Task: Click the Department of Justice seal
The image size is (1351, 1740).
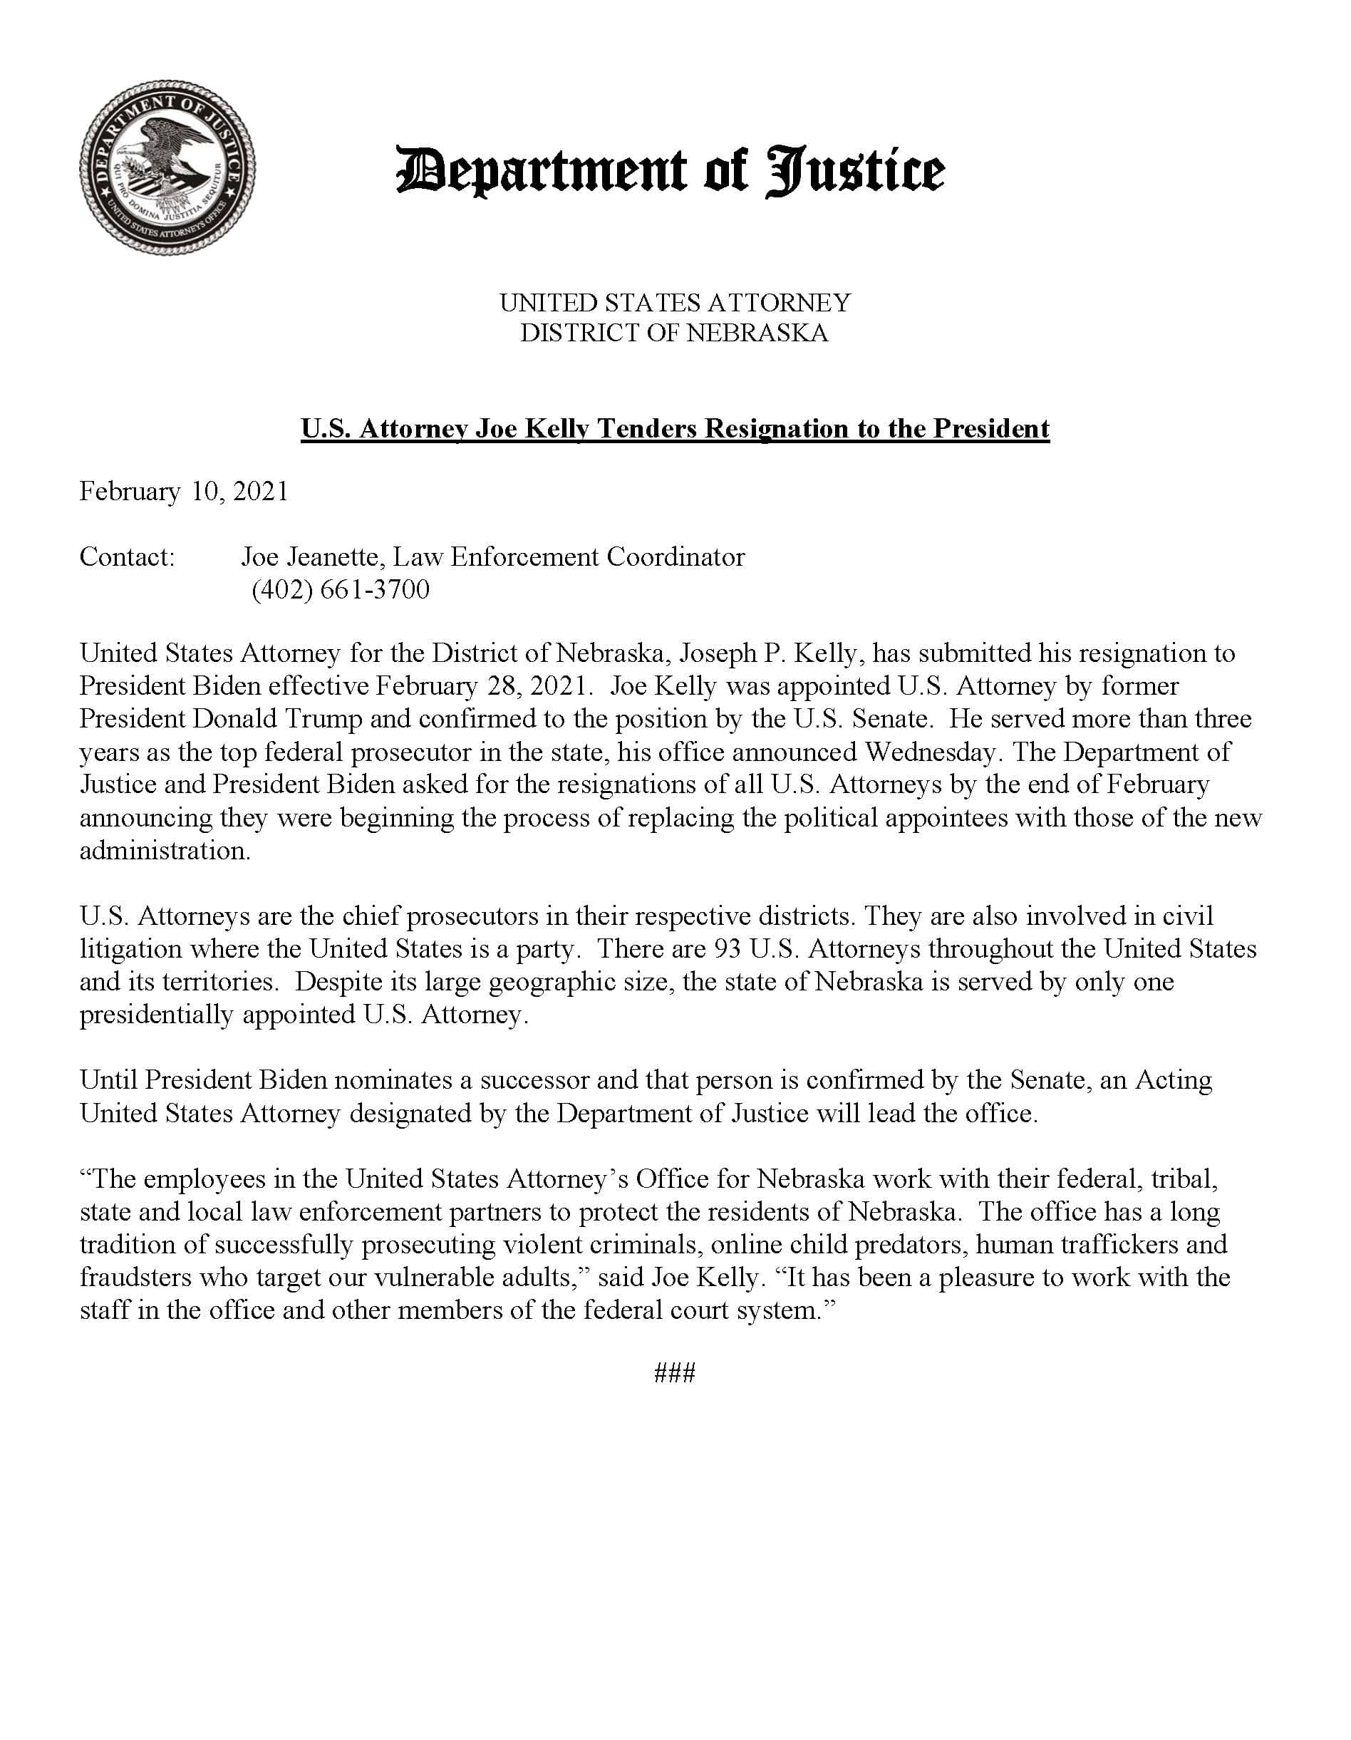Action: pyautogui.click(x=167, y=167)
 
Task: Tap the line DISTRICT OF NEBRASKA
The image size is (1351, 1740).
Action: pyautogui.click(x=674, y=332)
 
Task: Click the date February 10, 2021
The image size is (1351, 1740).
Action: pyautogui.click(x=183, y=491)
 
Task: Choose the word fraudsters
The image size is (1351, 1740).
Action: pyautogui.click(x=136, y=1277)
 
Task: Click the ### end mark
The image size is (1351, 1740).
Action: pyautogui.click(x=674, y=1373)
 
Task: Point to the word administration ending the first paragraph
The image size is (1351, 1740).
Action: pyautogui.click(x=164, y=850)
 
